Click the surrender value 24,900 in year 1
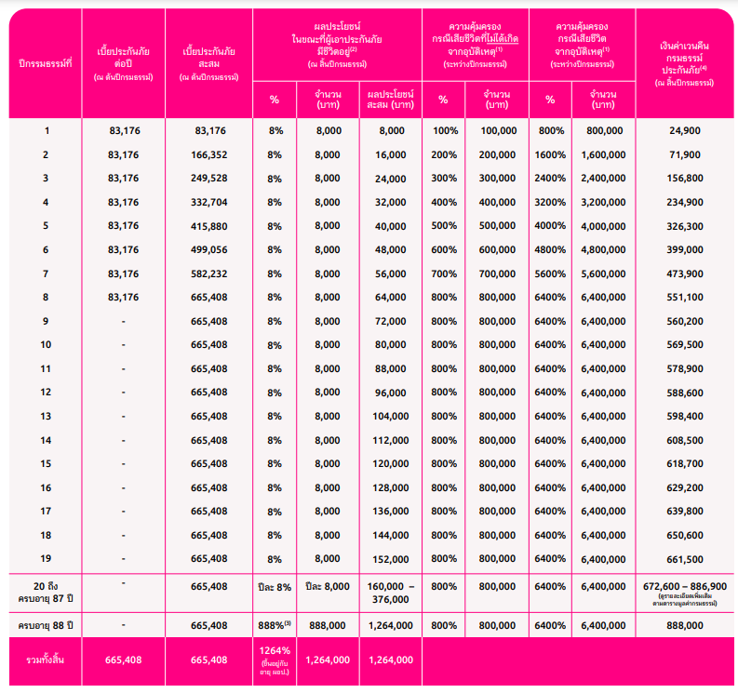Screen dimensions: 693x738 [x=685, y=130]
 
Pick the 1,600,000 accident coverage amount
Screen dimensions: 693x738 [x=602, y=154]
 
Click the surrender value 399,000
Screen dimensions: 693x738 [x=685, y=249]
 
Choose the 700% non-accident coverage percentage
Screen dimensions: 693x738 [x=443, y=273]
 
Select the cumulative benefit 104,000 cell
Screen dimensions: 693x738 [x=389, y=416]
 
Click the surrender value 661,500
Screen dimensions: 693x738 [x=685, y=558]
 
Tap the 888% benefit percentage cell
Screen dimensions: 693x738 [x=275, y=625]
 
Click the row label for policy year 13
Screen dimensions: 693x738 [x=46, y=416]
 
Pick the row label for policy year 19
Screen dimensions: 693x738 [x=46, y=558]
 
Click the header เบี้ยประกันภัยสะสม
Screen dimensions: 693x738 [x=208, y=62]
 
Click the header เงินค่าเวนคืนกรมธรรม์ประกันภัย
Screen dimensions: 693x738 [x=685, y=62]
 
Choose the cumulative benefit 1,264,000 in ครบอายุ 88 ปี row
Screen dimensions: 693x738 [x=389, y=625]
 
